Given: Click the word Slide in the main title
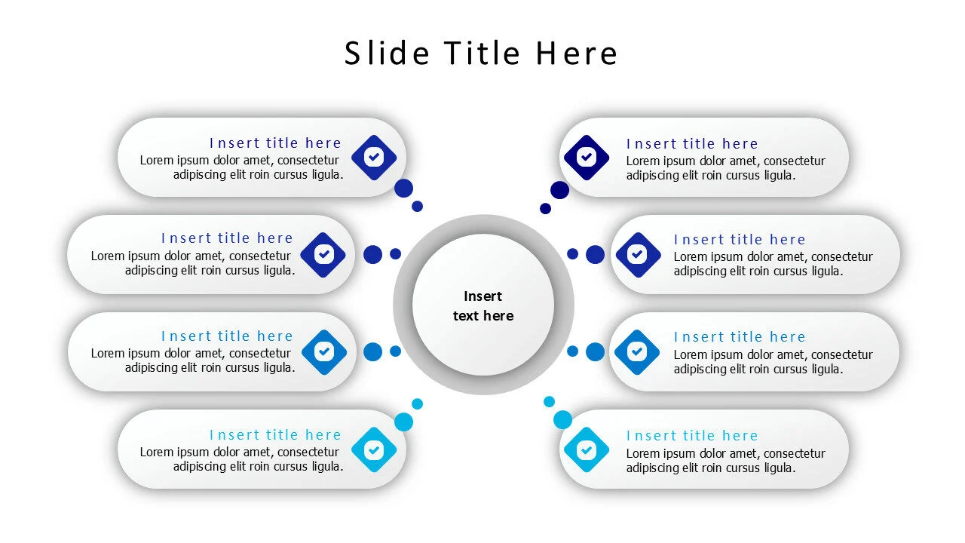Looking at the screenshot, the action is (387, 53).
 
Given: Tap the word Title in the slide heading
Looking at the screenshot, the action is (482, 53).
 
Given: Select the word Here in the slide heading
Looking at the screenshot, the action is (577, 53).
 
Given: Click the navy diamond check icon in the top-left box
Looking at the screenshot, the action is (374, 158).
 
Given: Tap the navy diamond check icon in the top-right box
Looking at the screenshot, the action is (587, 158).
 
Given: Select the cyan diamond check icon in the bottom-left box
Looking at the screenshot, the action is (374, 450).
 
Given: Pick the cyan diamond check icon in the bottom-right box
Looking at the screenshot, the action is (587, 450).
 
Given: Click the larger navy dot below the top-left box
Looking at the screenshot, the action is (403, 189).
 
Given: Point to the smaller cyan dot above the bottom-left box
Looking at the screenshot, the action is (417, 403).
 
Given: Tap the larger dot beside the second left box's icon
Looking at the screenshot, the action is (372, 254).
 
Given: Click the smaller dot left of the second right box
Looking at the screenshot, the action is (572, 254).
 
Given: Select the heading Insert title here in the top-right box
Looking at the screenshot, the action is (692, 143).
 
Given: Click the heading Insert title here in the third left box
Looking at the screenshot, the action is (227, 336).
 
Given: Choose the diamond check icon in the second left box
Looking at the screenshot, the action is (323, 255).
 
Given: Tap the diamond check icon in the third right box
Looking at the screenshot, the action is (637, 352).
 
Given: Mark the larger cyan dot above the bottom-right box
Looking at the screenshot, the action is (562, 420).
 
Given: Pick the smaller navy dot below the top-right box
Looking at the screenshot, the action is (545, 209).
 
